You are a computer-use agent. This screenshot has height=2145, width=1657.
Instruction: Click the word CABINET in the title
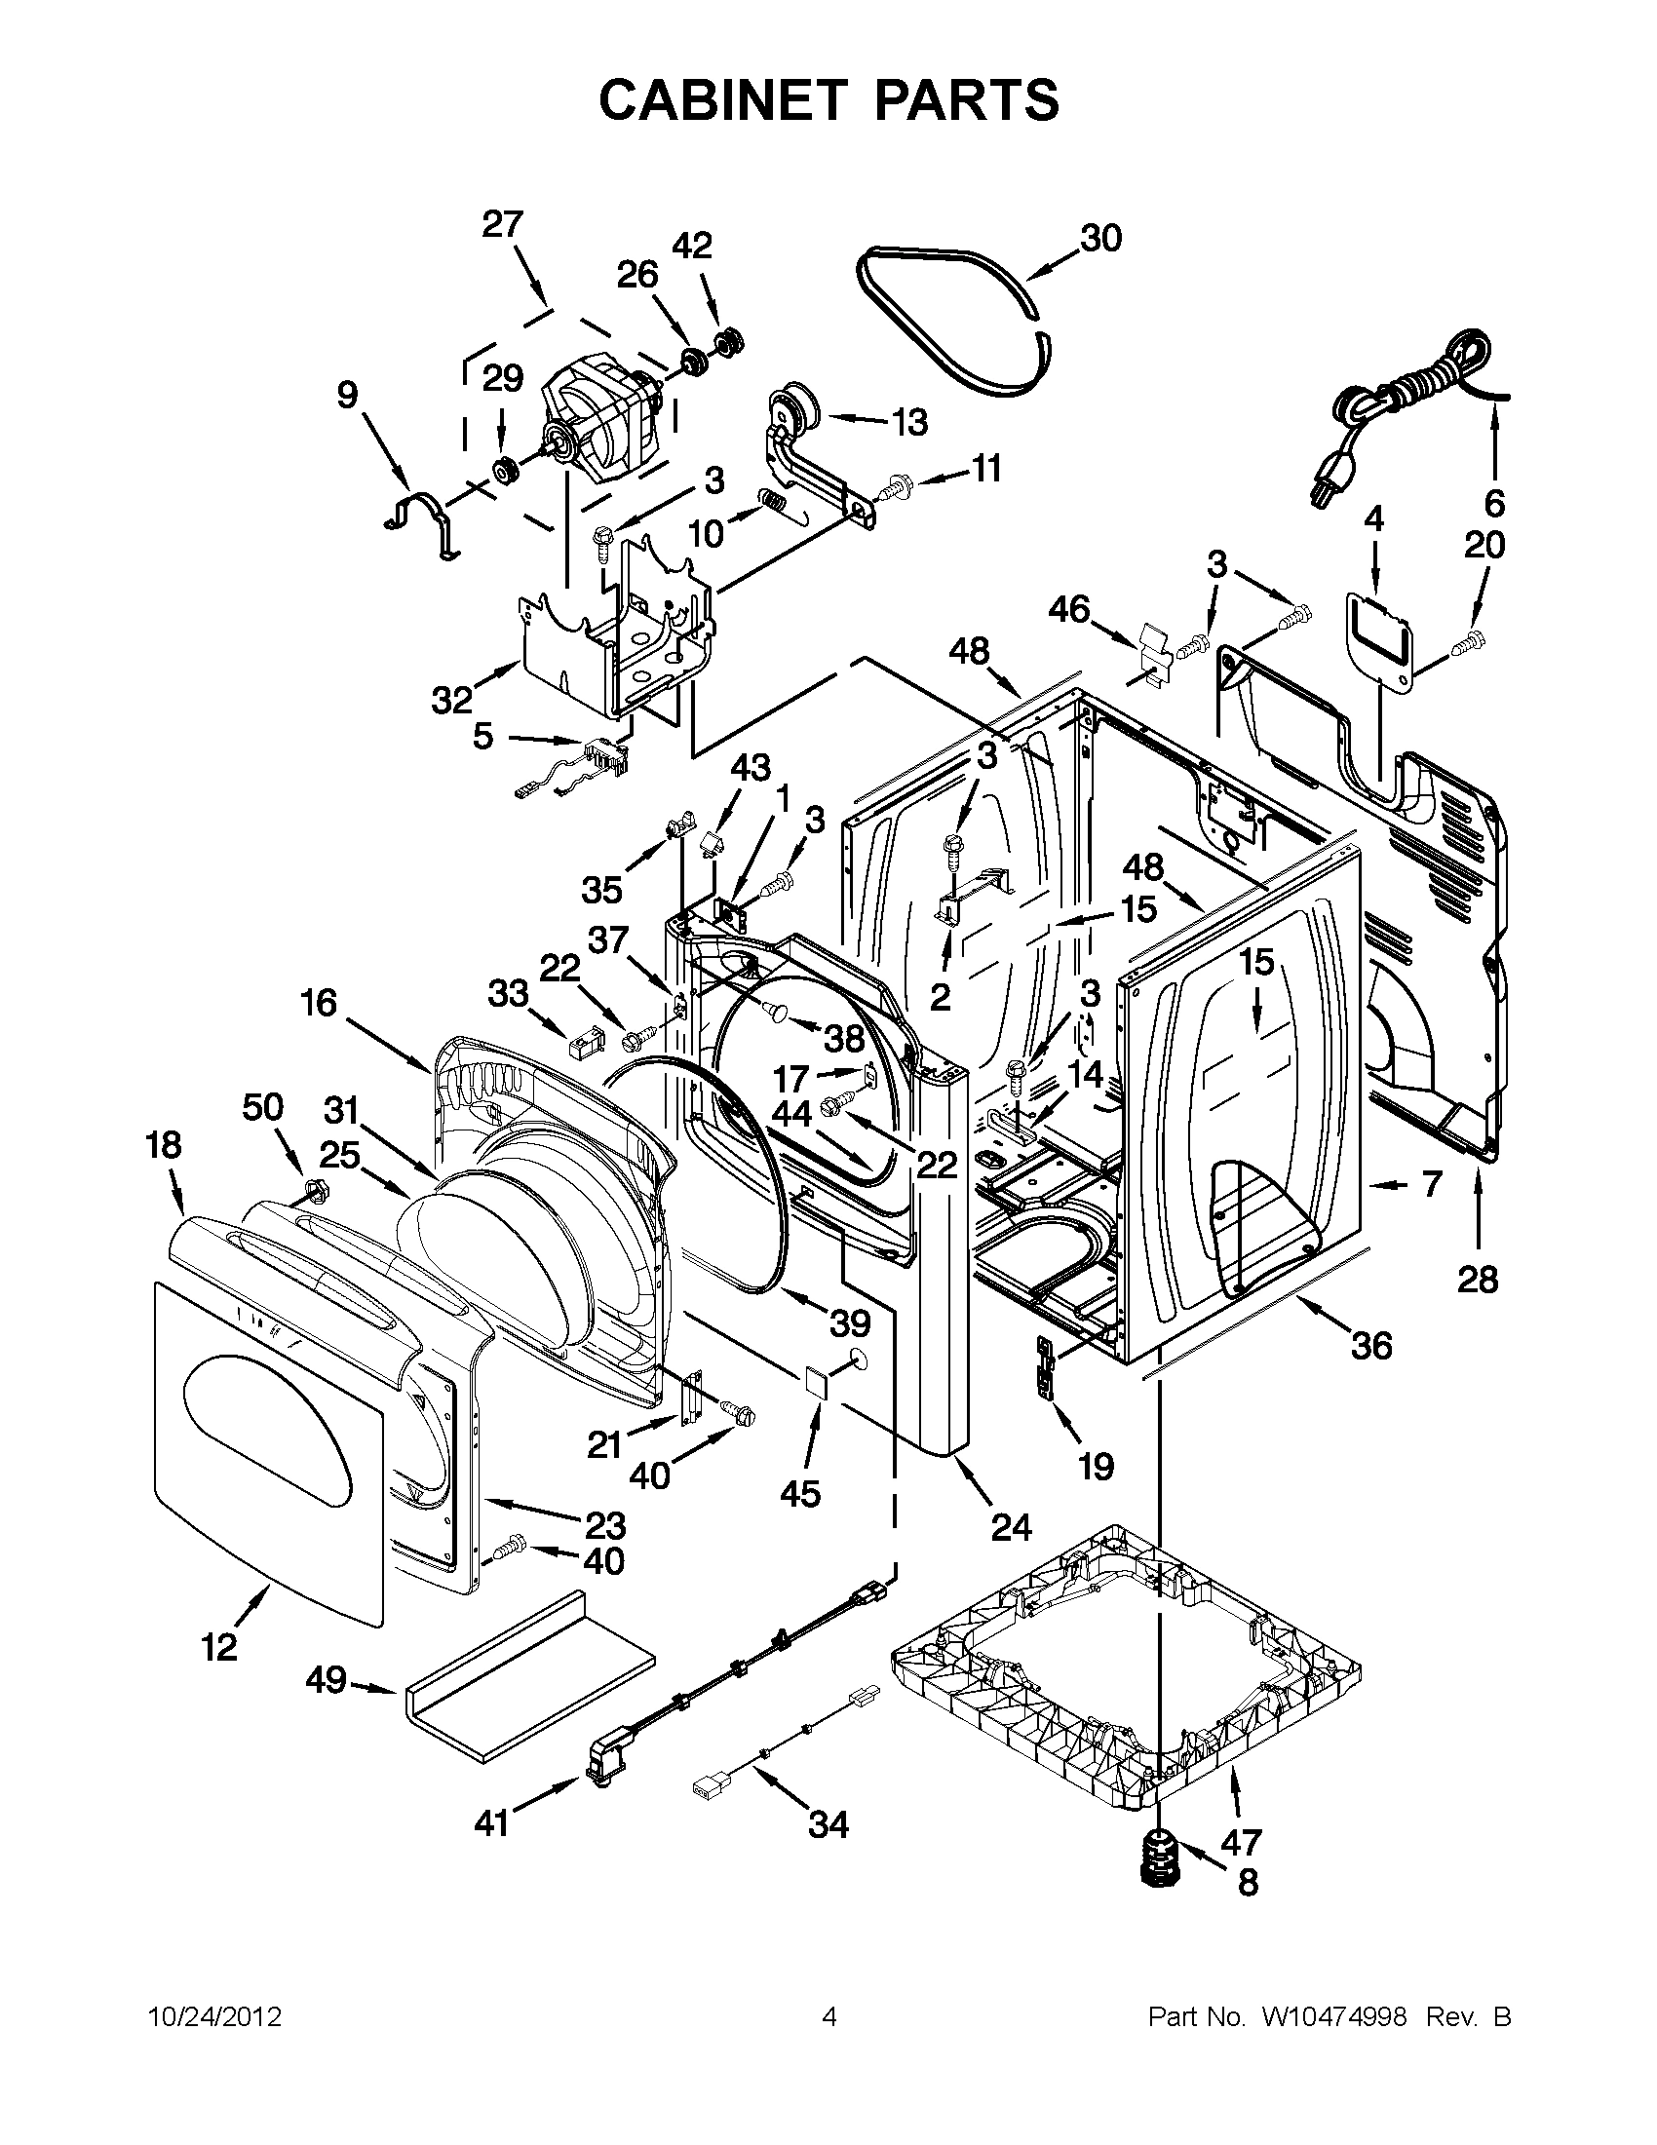[722, 100]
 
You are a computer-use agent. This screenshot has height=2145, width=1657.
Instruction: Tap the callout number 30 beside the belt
[1100, 238]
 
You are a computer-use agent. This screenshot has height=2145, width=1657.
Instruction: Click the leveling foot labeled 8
[1162, 1859]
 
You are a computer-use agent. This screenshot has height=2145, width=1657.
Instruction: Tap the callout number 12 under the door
[219, 1647]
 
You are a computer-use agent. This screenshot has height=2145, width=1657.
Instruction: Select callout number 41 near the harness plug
[491, 1822]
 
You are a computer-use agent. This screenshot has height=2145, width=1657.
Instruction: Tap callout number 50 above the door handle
[262, 1107]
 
